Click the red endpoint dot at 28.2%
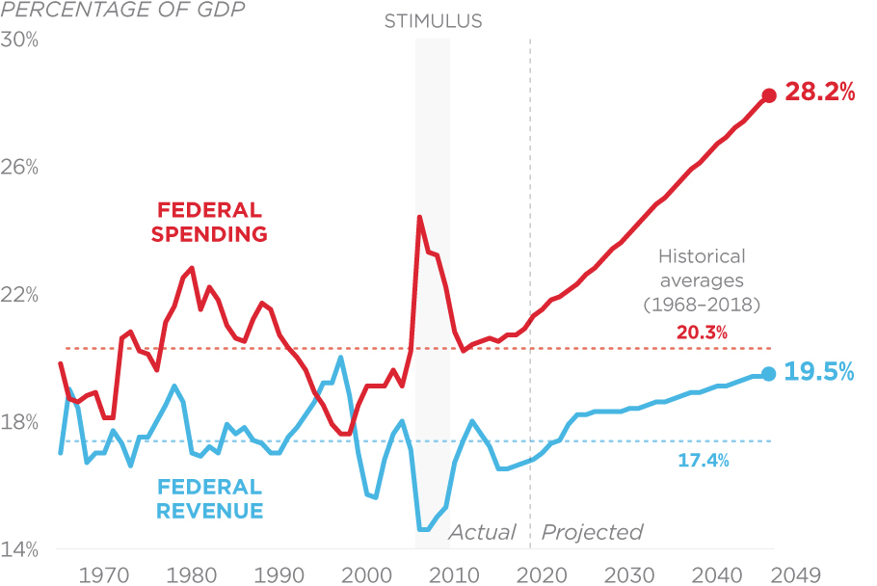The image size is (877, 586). [769, 95]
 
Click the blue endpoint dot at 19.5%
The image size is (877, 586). [768, 374]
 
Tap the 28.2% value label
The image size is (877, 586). [820, 93]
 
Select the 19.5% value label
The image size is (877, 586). [820, 373]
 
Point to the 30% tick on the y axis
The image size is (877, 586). [20, 40]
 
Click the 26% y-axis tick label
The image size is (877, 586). [20, 168]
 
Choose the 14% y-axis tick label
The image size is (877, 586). [20, 550]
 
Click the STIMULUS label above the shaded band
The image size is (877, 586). [433, 20]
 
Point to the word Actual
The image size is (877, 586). [483, 532]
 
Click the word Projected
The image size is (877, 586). [592, 532]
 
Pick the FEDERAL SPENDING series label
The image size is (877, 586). [209, 222]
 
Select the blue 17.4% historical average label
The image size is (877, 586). [704, 461]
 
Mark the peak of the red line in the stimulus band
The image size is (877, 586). [419, 217]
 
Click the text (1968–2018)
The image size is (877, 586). [702, 305]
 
